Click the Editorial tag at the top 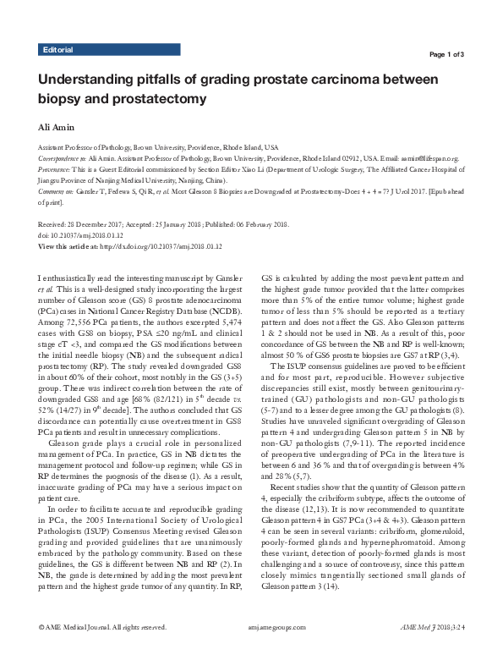point(57,50)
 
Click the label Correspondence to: point(64,158)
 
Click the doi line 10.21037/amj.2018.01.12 point(93,235)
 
